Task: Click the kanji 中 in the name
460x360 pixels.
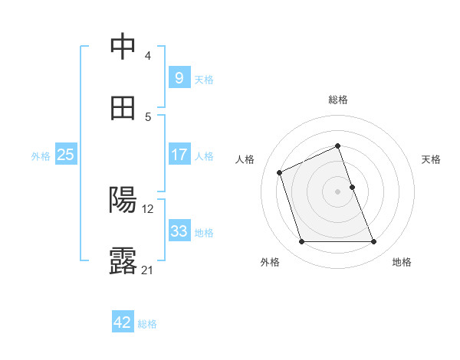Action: coord(123,47)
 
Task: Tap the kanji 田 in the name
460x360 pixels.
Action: coord(123,108)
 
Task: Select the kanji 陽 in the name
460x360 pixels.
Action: coord(123,200)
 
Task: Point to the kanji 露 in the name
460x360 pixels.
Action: coord(123,261)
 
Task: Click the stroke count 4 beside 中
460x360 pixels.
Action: coord(147,56)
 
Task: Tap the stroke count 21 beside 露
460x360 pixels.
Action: coord(148,270)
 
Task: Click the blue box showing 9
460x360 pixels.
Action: coord(179,78)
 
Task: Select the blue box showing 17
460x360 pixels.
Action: coord(179,155)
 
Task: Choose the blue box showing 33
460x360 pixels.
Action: coord(179,231)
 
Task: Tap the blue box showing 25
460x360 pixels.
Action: coord(66,155)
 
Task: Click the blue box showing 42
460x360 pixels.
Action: coord(123,322)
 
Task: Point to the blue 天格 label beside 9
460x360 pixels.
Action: coord(204,80)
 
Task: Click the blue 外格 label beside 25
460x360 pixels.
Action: coord(41,156)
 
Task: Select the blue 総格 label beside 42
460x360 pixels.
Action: coord(147,324)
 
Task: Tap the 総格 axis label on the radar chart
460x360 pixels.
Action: coord(338,100)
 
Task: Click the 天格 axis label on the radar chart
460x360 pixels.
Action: coord(431,159)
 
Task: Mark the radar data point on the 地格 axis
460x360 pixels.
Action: coord(374,242)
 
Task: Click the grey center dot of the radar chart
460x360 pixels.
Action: coord(338,191)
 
